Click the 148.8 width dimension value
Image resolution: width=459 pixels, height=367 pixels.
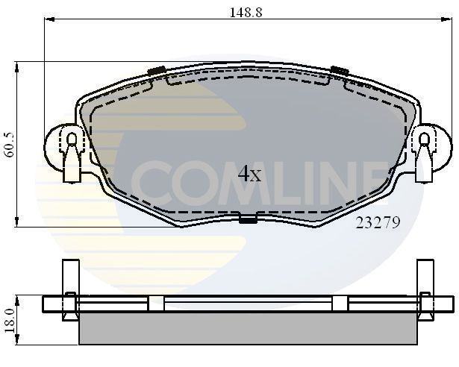tap(246, 12)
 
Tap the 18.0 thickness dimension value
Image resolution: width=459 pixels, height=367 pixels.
tap(8, 321)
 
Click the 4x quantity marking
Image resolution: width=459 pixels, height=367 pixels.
tap(249, 175)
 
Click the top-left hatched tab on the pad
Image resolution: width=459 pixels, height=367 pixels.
tap(156, 72)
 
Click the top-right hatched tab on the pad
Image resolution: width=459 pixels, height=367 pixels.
tap(339, 71)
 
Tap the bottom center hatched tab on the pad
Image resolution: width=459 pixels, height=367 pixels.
tap(247, 219)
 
